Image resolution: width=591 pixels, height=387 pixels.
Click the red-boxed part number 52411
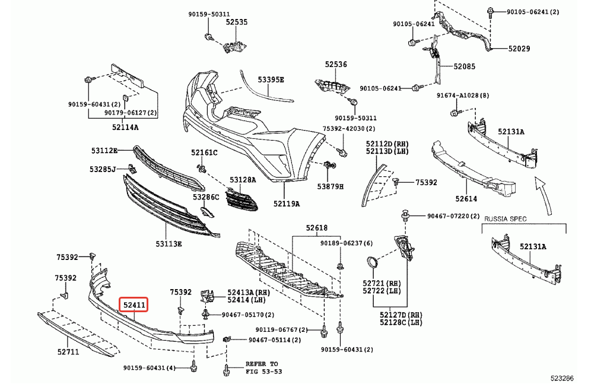tap(134, 305)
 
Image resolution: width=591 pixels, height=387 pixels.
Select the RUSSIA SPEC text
tap(505, 219)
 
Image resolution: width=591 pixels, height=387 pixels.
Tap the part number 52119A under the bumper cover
tap(287, 204)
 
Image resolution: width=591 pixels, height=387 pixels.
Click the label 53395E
tap(271, 80)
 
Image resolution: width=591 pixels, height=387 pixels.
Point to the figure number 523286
tap(561, 378)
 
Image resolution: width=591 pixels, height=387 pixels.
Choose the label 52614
tap(466, 199)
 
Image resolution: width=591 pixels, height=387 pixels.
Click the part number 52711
tap(68, 351)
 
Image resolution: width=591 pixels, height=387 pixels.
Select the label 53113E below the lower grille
tap(169, 243)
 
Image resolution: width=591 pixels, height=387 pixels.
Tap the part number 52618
tap(317, 228)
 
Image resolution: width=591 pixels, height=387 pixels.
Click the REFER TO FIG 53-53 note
tap(262, 367)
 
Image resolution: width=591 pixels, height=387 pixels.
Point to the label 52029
tap(502, 49)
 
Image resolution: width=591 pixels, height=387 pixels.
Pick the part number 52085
tap(465, 66)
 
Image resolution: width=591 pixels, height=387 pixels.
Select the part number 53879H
tap(331, 186)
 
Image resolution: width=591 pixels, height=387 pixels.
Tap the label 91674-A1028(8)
tap(463, 96)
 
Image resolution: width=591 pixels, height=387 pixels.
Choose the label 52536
tap(336, 64)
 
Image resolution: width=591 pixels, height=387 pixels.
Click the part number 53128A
tap(243, 179)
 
